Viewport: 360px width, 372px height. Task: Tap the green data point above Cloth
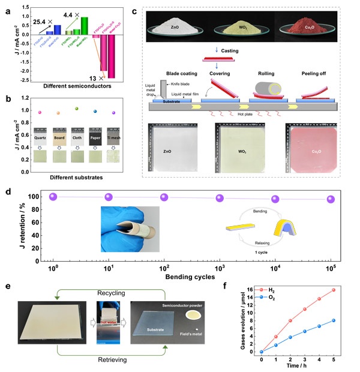[x=76, y=109]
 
